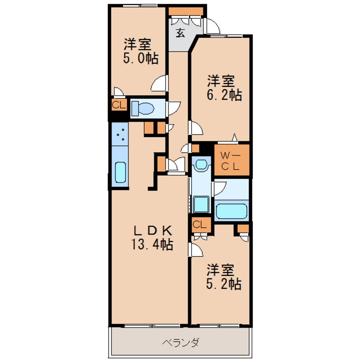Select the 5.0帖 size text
[141, 58]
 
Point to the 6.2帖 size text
[224, 95]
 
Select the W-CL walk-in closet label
[231, 161]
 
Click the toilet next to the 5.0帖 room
[143, 109]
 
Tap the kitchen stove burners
[120, 134]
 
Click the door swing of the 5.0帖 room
[159, 83]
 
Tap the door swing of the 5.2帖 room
[196, 251]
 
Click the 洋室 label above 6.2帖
[221, 80]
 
